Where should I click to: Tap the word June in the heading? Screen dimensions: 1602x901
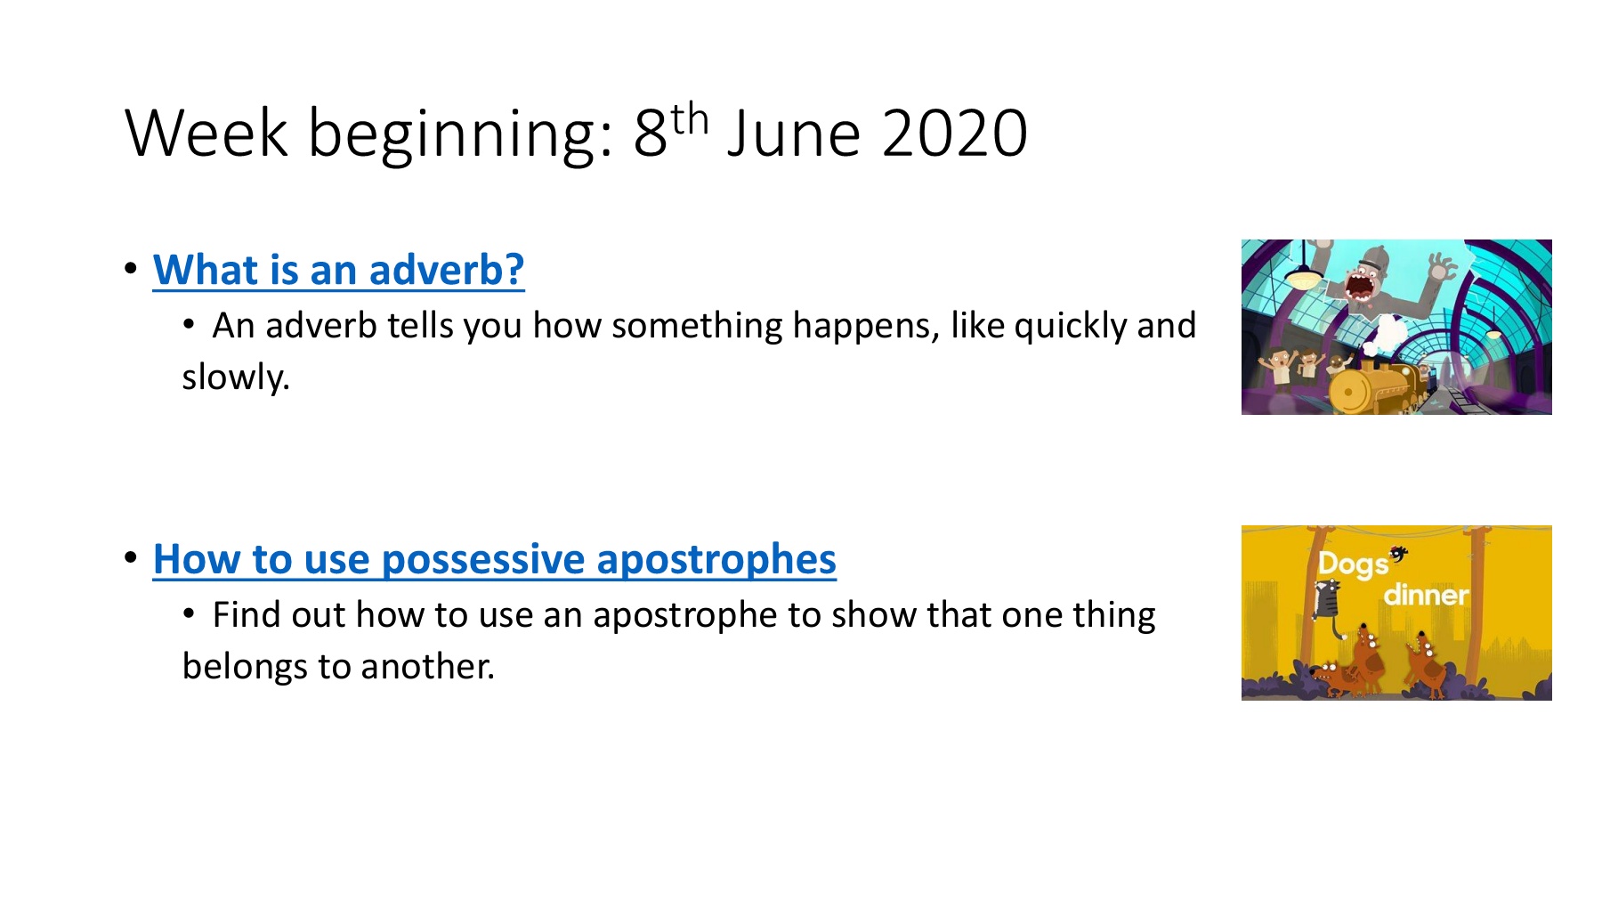coord(794,134)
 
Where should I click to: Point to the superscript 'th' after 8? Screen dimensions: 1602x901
coord(690,119)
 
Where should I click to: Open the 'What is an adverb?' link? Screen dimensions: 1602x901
coord(338,270)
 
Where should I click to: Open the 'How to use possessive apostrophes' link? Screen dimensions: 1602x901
coord(495,559)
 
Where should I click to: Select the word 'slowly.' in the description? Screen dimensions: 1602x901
coord(236,377)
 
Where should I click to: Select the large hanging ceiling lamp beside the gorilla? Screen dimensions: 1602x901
coord(1304,277)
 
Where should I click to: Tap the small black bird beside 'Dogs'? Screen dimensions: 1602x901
coord(1399,554)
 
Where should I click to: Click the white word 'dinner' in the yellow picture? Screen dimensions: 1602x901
coord(1426,594)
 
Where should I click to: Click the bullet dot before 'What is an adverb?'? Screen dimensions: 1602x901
coord(132,268)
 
